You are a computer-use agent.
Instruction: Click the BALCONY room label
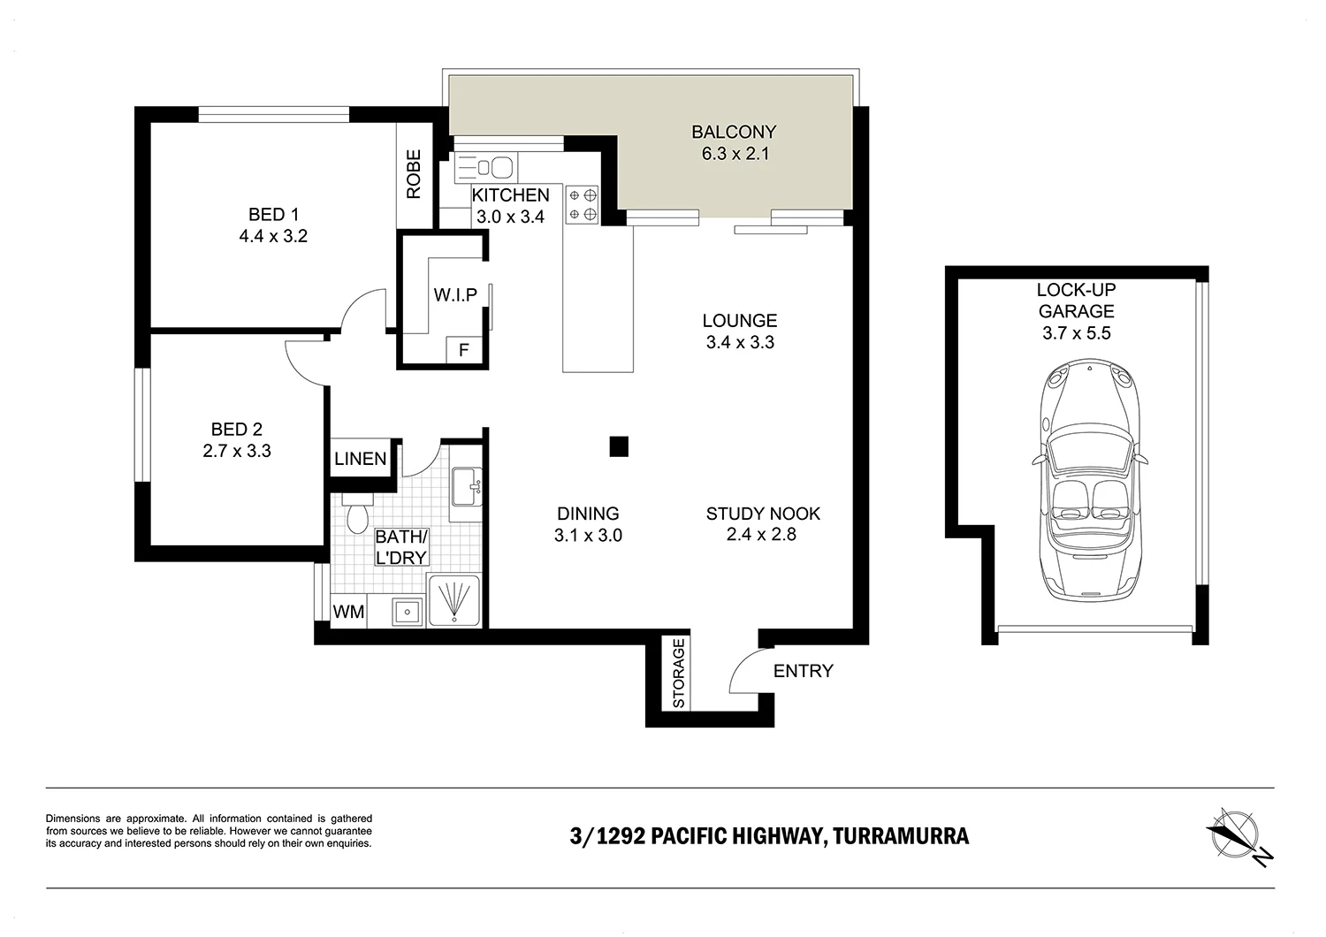(734, 132)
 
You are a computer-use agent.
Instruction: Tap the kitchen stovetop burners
(583, 205)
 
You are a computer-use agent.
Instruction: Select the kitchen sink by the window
(486, 168)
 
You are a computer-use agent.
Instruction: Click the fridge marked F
(464, 350)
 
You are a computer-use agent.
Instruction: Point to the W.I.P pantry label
(455, 294)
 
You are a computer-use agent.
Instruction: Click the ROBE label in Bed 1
(414, 174)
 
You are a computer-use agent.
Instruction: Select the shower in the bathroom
(454, 599)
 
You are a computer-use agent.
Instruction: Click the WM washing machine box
(348, 612)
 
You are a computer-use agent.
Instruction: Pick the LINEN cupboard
(360, 458)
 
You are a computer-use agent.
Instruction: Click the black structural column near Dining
(619, 446)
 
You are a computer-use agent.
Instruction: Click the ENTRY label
(804, 671)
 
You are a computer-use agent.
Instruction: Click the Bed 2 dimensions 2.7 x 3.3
(237, 451)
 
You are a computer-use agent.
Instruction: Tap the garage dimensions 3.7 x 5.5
(1076, 333)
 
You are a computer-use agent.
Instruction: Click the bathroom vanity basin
(467, 487)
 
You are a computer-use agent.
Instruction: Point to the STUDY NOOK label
(763, 514)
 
